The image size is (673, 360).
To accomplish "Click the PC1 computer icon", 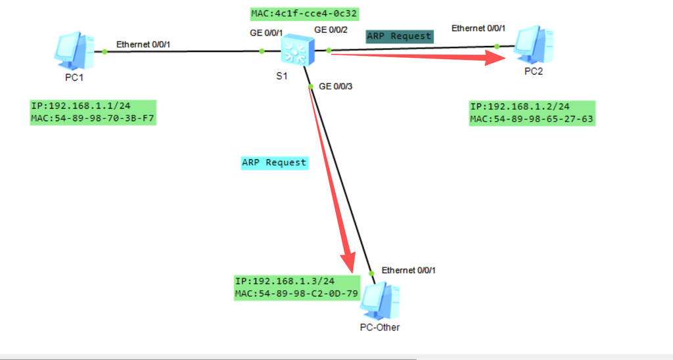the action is (74, 51).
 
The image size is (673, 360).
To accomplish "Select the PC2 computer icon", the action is (534, 45).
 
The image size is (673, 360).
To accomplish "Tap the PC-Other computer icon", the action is (380, 301).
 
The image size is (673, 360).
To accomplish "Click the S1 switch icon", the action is (298, 50).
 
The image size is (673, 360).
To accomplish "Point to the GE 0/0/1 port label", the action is (266, 33).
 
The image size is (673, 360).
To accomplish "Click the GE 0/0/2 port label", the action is (331, 30).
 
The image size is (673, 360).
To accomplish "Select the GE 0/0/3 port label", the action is (336, 87).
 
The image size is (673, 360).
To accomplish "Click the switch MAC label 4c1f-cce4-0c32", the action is (304, 14).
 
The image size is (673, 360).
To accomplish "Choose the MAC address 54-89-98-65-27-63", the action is (531, 119).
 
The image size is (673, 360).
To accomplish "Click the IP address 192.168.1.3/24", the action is (285, 281).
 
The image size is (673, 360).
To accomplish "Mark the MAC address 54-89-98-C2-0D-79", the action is (296, 294).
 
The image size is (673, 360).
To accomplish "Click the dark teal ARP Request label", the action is (399, 37).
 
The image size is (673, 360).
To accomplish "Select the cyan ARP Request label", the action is (274, 163).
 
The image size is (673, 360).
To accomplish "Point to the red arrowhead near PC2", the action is (496, 58).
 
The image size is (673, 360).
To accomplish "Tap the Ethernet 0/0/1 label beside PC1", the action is (143, 45).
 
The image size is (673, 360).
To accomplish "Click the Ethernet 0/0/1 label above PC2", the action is (478, 28).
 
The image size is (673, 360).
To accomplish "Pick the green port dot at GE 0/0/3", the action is (311, 87).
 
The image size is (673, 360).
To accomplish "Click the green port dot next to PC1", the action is (104, 51).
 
